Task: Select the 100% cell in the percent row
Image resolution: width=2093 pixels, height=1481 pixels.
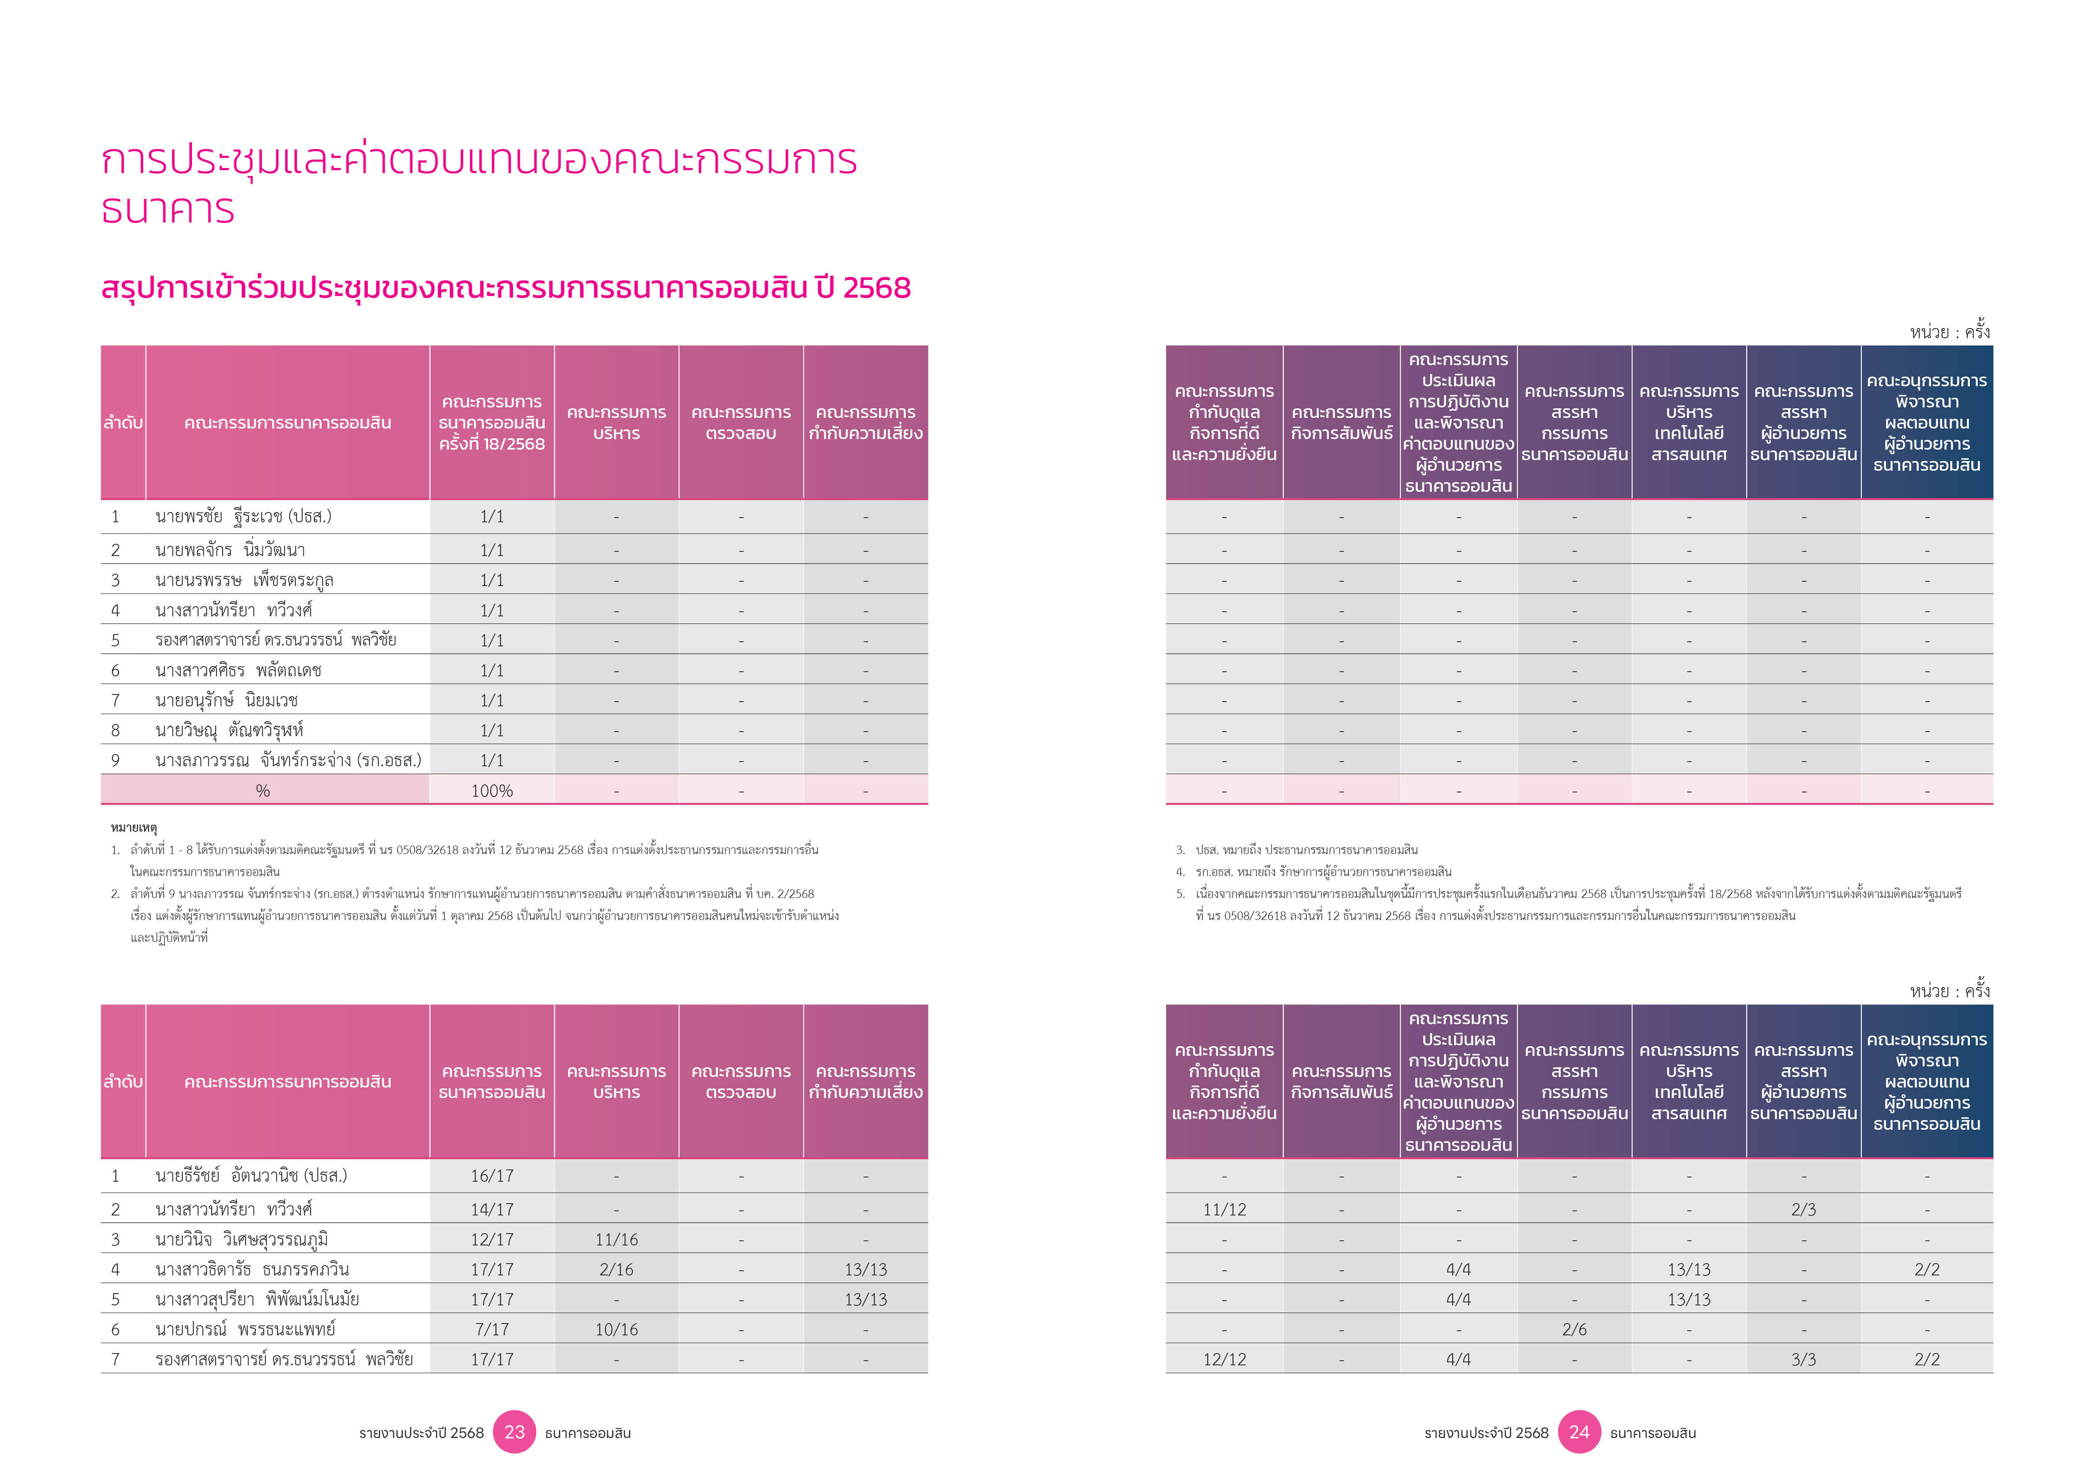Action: [492, 791]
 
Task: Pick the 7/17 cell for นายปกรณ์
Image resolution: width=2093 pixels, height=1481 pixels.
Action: [492, 1329]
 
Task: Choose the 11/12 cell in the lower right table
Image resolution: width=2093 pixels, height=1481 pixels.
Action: [1224, 1209]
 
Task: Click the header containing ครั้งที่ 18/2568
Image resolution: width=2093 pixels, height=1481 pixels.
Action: [492, 422]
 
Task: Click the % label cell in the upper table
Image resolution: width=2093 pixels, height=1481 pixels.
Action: [263, 791]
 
